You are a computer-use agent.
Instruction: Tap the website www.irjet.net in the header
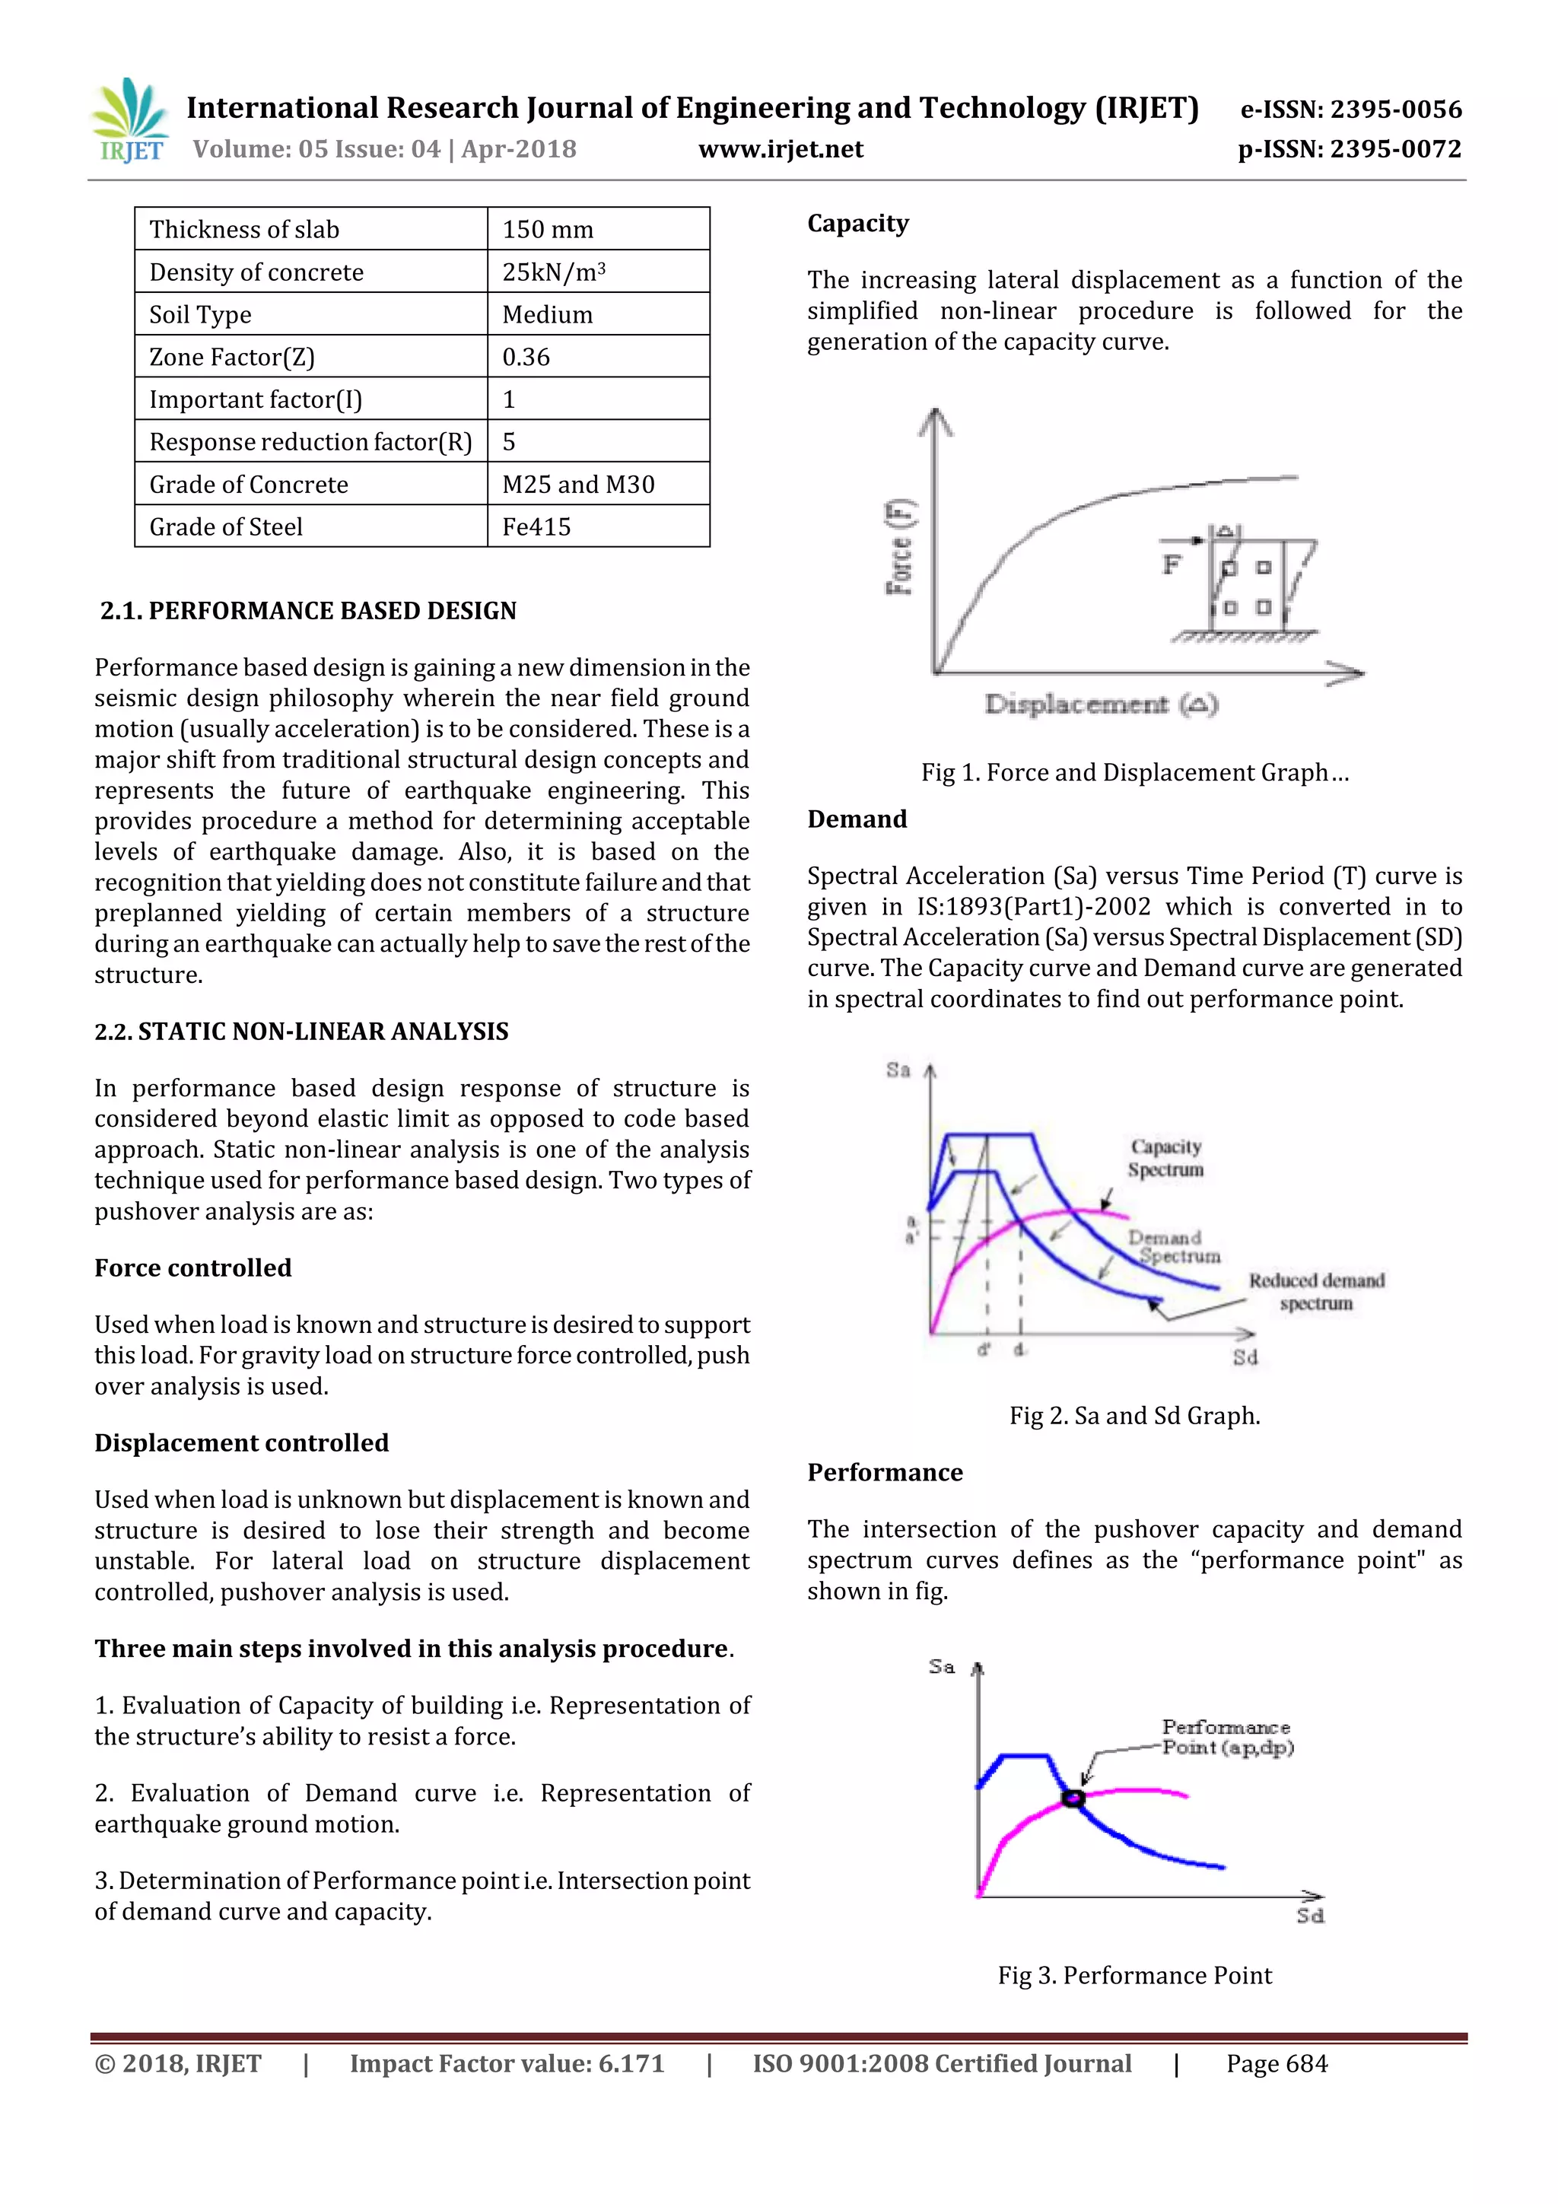[x=781, y=149]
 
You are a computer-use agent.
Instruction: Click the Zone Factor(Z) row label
[x=232, y=357]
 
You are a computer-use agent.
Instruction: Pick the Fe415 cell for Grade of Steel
[x=536, y=527]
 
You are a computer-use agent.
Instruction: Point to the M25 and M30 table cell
[x=578, y=485]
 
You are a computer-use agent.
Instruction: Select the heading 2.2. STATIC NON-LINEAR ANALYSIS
[x=301, y=1031]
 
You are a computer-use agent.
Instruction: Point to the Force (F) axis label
[x=899, y=547]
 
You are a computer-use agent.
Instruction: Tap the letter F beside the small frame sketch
[x=1171, y=565]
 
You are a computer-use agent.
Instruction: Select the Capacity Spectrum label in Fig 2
[x=1165, y=1158]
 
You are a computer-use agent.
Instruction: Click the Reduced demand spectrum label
[x=1316, y=1292]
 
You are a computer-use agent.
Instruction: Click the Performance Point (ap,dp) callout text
[x=1227, y=1738]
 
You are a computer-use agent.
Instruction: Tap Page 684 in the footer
[x=1276, y=2064]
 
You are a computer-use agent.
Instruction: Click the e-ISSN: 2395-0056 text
[x=1350, y=110]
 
